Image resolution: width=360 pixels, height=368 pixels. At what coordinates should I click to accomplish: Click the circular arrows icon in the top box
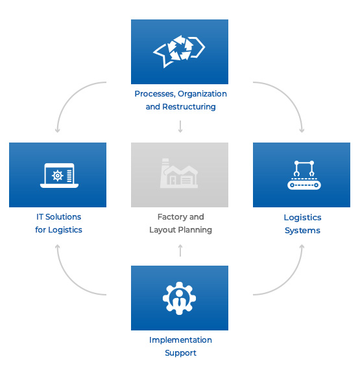[x=179, y=51]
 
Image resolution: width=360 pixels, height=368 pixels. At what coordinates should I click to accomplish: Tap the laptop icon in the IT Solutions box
[x=59, y=176]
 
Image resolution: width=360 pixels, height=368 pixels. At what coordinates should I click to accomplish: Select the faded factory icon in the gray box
[x=179, y=173]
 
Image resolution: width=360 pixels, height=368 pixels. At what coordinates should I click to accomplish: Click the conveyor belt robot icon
[x=304, y=175]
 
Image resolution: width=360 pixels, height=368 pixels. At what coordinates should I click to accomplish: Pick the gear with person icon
[x=179, y=298]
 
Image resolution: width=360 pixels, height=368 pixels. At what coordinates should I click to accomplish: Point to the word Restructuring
[x=189, y=107]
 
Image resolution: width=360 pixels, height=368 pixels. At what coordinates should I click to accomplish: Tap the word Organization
[x=202, y=94]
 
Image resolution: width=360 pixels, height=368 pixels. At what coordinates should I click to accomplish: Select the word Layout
[x=162, y=230]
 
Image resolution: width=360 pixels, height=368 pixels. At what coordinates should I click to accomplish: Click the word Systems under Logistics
[x=302, y=231]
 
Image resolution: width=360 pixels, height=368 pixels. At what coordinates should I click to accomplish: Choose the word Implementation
[x=180, y=340]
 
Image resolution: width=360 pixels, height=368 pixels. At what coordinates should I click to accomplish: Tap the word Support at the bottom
[x=180, y=353]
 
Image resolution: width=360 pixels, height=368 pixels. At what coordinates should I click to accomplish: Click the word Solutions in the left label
[x=63, y=217]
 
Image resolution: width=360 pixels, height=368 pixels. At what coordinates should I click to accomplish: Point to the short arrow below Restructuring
[x=180, y=126]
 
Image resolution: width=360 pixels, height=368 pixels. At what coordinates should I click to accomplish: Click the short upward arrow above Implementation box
[x=180, y=251]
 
